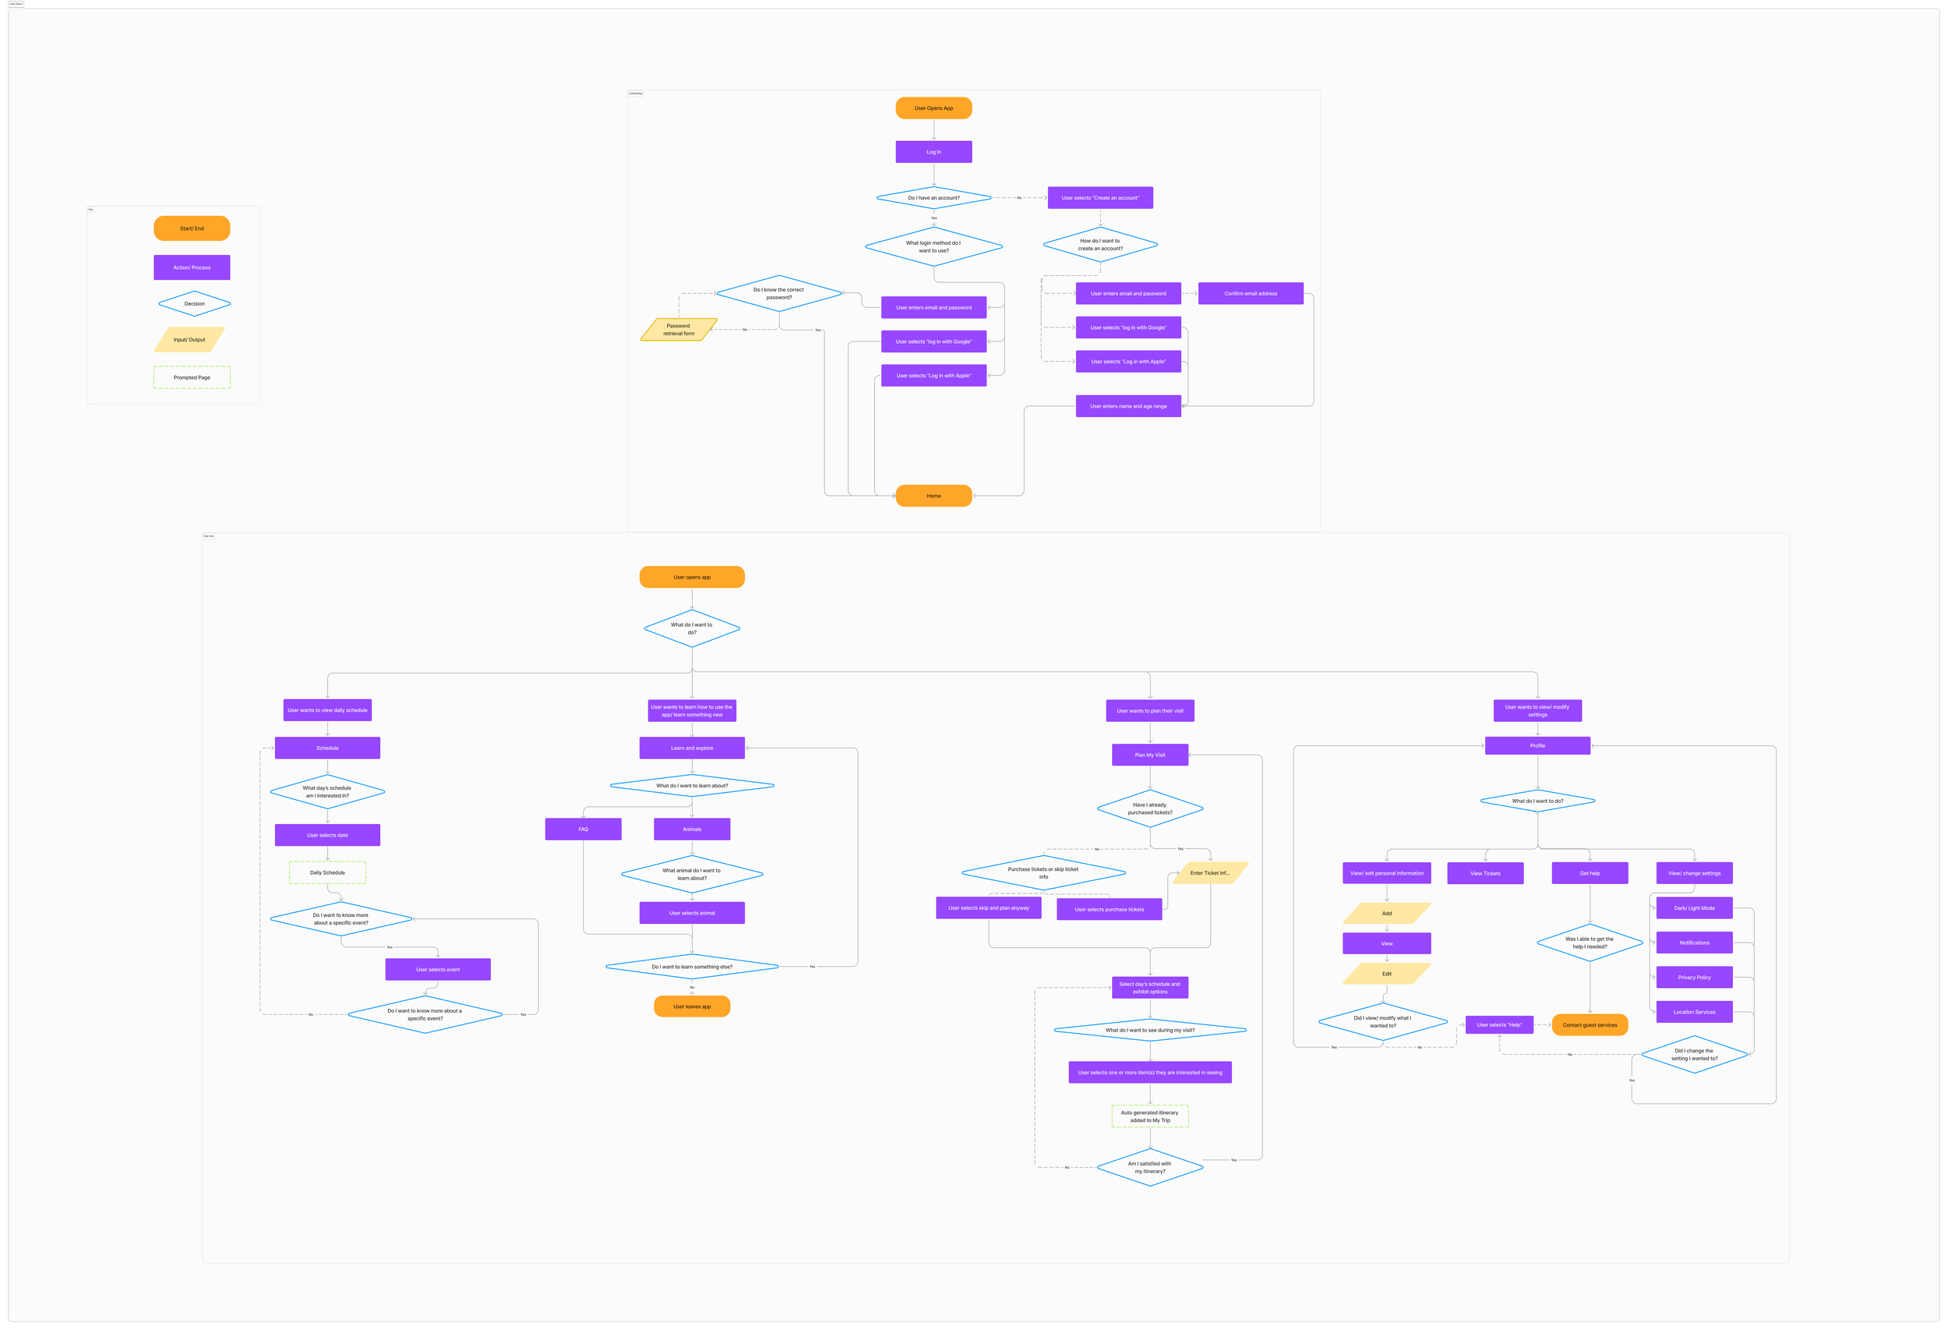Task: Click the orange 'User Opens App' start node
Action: tap(933, 108)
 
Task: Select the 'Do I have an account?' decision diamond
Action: tap(933, 198)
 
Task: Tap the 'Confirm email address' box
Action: tap(1250, 293)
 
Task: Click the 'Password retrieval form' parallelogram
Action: tap(679, 330)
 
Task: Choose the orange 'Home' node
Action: tap(933, 496)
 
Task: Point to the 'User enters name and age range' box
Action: tap(1128, 406)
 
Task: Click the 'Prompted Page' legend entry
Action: tap(192, 377)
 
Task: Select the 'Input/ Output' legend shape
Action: tap(189, 340)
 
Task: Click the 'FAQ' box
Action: tap(583, 829)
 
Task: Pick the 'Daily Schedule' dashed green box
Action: tap(327, 872)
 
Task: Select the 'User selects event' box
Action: tap(438, 969)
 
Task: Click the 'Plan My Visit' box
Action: tap(1149, 755)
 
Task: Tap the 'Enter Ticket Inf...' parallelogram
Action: tap(1209, 873)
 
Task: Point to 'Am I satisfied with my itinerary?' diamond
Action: tap(1149, 1167)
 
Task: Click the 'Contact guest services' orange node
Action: tap(1590, 1024)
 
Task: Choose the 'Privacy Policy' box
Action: tap(1694, 977)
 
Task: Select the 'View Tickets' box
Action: tap(1484, 873)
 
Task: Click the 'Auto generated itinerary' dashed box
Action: tap(1149, 1116)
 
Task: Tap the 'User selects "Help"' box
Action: tap(1498, 1024)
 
